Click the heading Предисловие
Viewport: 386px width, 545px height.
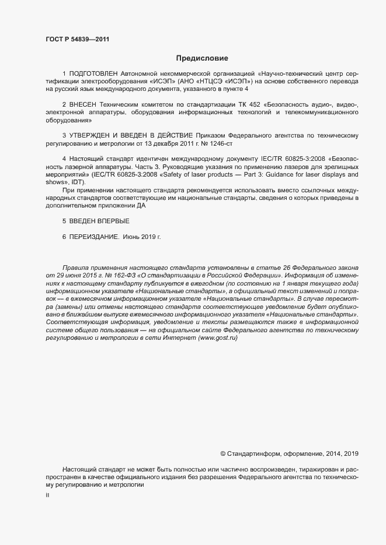[x=202, y=58]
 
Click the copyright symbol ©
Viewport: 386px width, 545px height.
[x=223, y=453]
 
